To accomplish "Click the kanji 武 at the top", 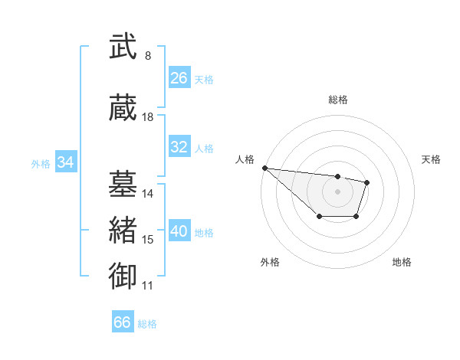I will point(123,47).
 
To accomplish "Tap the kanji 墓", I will point(123,184).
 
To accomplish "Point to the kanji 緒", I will point(123,231).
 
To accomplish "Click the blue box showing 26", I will point(179,78).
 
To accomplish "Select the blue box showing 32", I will point(179,147).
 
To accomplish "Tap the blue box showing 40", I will point(179,231).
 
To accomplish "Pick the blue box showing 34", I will point(66,162).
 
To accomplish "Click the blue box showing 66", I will point(123,322).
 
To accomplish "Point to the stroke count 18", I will point(148,117).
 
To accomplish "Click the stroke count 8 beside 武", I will point(148,56).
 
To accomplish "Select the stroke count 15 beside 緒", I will point(148,240).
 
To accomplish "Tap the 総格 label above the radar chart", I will point(337,100).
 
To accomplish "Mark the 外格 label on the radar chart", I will point(270,263).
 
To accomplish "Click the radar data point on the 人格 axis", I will point(264,168).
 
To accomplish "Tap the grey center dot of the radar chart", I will point(337,191).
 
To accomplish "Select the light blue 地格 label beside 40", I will point(204,232).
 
